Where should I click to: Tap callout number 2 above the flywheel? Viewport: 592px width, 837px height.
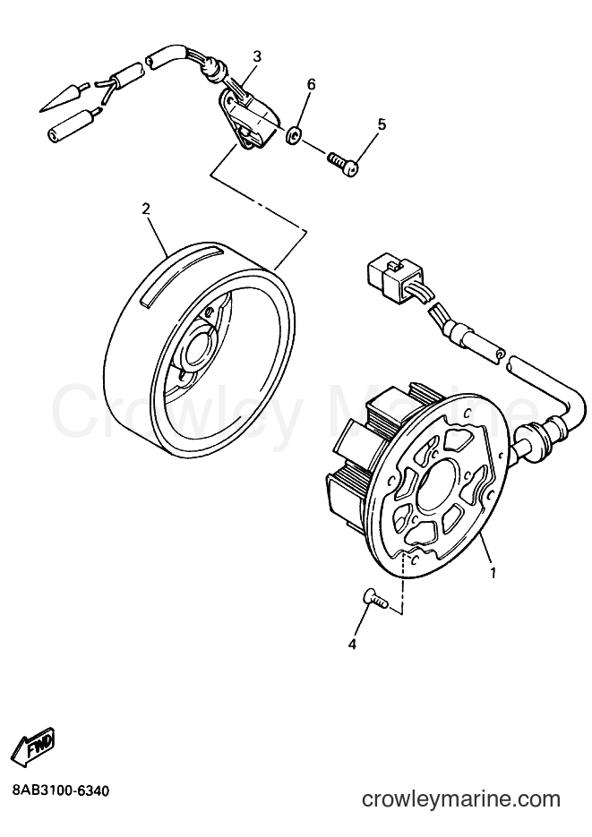tap(146, 209)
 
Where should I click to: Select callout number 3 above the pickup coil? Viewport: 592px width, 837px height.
tap(257, 56)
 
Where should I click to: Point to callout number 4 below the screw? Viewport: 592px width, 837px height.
tap(351, 645)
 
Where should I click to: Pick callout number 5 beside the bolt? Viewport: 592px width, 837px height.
tap(382, 124)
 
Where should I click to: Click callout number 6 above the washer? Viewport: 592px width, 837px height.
tap(311, 84)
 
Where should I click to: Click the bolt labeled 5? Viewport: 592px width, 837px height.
tap(343, 162)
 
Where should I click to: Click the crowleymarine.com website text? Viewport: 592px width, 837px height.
tap(461, 799)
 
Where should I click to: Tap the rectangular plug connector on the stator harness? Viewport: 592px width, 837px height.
tap(391, 275)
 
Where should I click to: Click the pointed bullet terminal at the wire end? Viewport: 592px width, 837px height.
tap(59, 98)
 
